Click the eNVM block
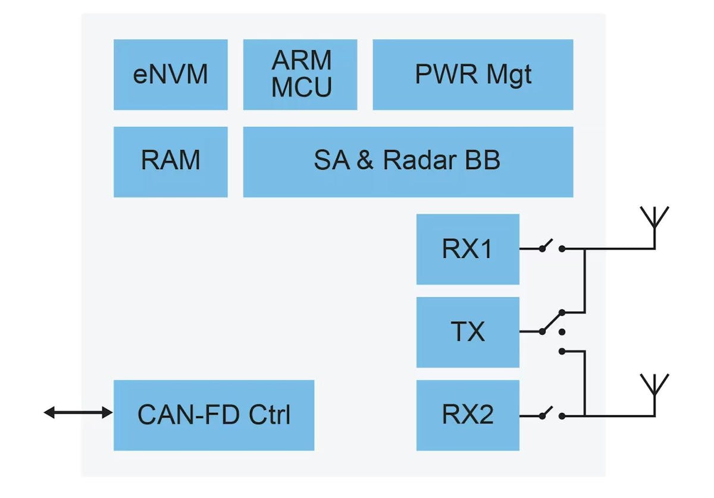point(170,74)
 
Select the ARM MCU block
point(300,74)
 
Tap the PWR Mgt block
point(472,74)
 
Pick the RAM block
point(170,161)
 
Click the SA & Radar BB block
point(408,161)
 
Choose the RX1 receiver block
point(467,249)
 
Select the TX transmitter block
point(467,332)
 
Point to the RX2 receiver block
point(467,415)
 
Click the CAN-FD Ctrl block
point(214,415)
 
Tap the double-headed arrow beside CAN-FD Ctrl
point(78,412)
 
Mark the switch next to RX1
point(551,247)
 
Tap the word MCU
point(302,88)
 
